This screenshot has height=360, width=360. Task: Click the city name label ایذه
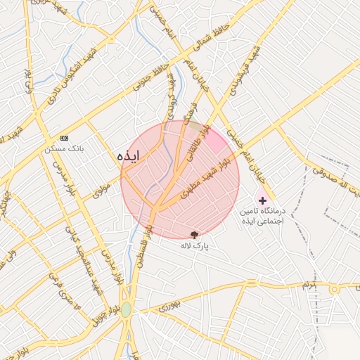(x=129, y=155)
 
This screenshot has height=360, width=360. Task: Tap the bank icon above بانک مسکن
(x=65, y=138)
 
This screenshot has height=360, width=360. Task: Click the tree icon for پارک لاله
(x=194, y=234)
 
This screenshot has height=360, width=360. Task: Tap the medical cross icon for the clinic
(x=264, y=201)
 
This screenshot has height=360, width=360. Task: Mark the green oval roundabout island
(x=126, y=309)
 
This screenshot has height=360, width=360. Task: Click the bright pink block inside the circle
(x=218, y=143)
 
